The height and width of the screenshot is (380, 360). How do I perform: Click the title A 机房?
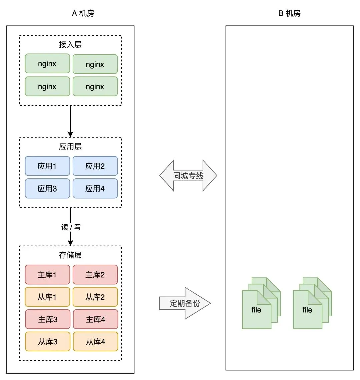pos(83,13)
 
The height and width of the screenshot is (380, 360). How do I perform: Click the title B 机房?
pos(289,13)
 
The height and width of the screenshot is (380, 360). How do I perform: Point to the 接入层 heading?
pos(70,44)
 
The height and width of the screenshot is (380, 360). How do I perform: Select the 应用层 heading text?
pos(70,146)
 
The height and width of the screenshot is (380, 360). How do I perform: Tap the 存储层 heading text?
pos(70,255)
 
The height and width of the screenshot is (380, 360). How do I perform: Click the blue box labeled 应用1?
pos(47,166)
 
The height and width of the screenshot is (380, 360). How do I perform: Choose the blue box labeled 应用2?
pos(95,166)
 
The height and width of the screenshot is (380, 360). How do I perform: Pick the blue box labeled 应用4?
pos(95,188)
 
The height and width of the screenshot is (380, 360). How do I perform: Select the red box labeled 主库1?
pos(47,275)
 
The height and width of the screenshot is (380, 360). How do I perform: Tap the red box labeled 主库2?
pos(95,275)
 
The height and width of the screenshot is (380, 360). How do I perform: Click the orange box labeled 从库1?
pos(47,297)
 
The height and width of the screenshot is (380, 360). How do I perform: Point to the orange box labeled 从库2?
pos(95,297)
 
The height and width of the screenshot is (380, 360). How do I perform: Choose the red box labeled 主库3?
pos(48,319)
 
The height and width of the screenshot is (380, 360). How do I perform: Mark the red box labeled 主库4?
pos(95,319)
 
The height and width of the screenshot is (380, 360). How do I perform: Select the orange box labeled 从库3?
pos(48,342)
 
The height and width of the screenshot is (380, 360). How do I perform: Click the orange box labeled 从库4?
pos(95,342)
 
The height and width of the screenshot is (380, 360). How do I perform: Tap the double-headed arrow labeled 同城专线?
pos(188,176)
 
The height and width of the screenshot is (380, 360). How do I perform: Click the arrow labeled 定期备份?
pos(185,303)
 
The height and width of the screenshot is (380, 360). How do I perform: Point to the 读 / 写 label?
pos(71,227)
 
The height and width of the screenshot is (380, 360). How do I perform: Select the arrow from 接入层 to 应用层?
pos(70,121)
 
